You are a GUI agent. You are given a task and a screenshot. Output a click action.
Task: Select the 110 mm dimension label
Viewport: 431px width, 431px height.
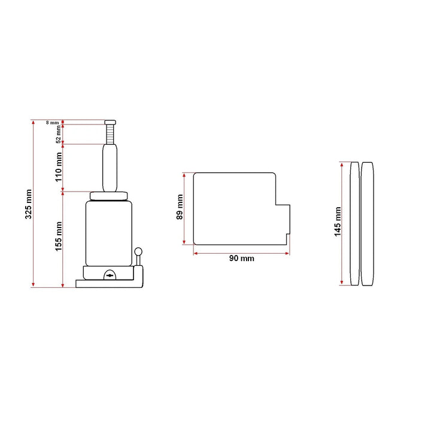click(x=59, y=167)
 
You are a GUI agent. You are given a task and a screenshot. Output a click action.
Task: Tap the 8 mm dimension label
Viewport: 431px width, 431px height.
click(x=53, y=123)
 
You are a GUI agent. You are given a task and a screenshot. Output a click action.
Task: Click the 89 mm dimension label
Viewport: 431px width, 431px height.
click(x=180, y=208)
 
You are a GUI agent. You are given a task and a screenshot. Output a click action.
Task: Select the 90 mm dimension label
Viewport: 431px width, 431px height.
click(x=242, y=259)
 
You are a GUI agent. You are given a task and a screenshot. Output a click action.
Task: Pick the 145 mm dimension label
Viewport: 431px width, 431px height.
click(x=338, y=222)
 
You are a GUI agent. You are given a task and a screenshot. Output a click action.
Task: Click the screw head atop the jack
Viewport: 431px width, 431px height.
click(x=111, y=123)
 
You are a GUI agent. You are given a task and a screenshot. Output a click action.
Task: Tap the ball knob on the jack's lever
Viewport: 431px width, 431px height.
click(x=139, y=253)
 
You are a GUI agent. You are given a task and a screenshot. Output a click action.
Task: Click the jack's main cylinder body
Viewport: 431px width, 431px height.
click(x=108, y=233)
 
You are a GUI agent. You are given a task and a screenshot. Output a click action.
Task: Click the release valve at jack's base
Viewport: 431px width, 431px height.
click(x=108, y=275)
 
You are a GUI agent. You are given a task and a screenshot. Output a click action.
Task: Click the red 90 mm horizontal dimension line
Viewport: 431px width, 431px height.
click(x=242, y=252)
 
